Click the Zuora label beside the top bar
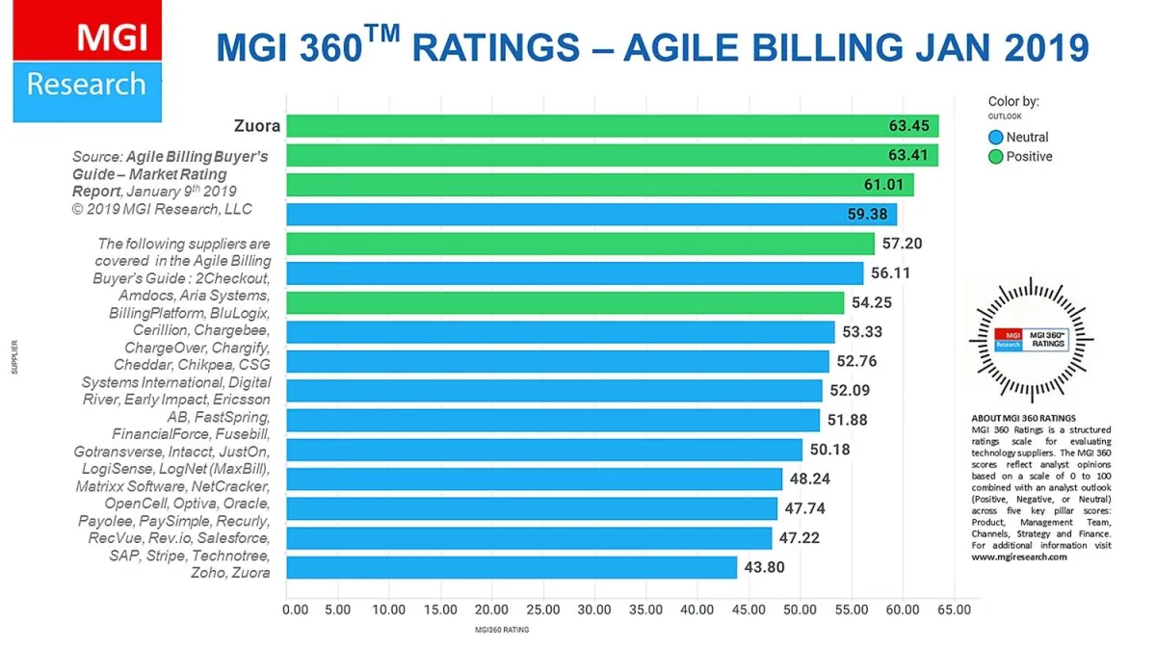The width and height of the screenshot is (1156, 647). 256,125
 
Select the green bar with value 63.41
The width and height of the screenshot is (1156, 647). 612,155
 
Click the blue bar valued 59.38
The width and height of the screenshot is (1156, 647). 591,214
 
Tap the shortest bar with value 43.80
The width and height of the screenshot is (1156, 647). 512,567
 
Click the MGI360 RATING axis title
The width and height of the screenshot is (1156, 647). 501,630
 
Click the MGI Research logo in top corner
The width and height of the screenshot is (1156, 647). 87,62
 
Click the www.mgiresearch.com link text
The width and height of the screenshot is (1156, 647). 1018,556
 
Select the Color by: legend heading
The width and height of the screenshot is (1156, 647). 1013,101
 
